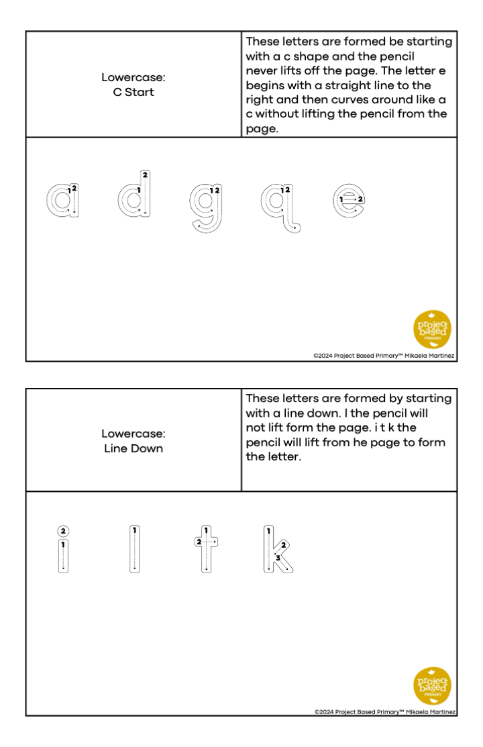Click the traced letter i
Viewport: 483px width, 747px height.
click(63, 556)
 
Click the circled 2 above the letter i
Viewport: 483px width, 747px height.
click(63, 531)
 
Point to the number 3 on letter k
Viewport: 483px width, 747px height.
click(278, 557)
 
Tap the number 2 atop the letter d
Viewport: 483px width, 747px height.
click(146, 175)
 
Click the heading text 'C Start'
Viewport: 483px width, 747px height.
click(133, 92)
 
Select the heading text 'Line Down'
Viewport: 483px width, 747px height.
click(133, 448)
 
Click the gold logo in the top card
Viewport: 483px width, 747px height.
click(432, 329)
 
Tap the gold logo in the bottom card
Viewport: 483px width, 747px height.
click(432, 685)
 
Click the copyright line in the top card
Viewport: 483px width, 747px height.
click(384, 356)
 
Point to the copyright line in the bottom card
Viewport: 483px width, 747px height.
click(385, 712)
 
